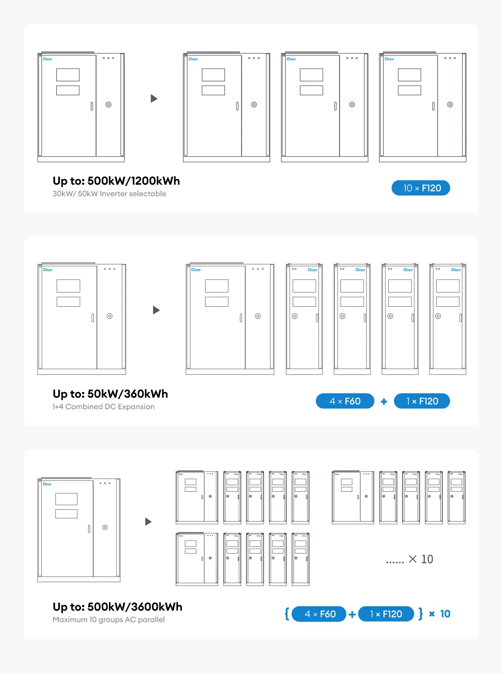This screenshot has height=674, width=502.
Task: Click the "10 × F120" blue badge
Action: coord(421,188)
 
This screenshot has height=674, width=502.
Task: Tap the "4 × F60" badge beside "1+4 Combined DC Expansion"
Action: coord(345,401)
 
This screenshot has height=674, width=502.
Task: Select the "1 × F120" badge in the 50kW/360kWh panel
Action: coord(422,401)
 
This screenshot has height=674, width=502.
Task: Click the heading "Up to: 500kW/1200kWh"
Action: coord(116,181)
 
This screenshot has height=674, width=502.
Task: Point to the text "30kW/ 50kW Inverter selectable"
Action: coord(109,194)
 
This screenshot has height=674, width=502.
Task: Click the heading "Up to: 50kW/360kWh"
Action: coord(110,394)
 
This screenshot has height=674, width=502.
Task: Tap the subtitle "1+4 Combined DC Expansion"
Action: coord(103,407)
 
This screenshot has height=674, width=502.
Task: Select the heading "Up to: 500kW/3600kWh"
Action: coord(117,607)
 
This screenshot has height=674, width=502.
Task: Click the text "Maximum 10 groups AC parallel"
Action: coord(108,620)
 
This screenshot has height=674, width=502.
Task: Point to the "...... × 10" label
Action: coord(409,559)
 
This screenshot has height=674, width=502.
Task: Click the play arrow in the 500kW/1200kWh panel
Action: coord(154,98)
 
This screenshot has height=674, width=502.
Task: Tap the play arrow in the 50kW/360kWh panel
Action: coord(156,310)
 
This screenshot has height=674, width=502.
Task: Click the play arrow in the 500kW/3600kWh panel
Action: coord(148,522)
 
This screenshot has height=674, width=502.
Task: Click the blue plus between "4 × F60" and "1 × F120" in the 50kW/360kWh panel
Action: coord(384,402)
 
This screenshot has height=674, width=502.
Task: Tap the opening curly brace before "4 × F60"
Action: coord(287,614)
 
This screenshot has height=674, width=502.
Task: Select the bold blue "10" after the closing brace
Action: coord(445,614)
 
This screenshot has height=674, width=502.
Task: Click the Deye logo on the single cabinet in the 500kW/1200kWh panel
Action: coord(47,59)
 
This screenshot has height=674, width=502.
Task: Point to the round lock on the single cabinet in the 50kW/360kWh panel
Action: coord(109,316)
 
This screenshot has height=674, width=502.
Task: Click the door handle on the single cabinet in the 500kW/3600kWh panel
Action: coord(89,529)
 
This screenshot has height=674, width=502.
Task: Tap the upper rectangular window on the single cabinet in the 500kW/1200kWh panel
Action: coord(68,75)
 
